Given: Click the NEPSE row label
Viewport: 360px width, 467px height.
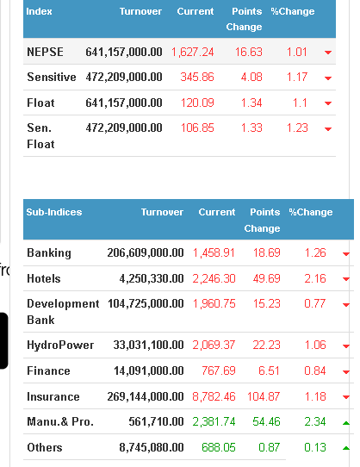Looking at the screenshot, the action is pos(45,52).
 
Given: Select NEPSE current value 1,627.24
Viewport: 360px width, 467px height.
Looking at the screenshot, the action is pos(193,53).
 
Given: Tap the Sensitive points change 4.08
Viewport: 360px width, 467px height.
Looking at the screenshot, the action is pos(251,78).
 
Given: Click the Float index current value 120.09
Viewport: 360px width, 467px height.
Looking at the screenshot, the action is pos(197,103).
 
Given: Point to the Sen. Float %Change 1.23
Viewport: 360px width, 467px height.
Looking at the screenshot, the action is pos(297,128).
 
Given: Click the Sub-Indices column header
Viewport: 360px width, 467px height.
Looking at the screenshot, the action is pos(54,212).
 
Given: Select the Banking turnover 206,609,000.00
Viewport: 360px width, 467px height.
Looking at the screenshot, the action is pos(146,252).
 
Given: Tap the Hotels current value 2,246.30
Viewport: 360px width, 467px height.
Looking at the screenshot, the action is pos(214,279).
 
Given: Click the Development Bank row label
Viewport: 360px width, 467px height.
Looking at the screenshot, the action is pos(63,312).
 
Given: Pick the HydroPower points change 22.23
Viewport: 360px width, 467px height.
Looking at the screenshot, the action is pos(266,346).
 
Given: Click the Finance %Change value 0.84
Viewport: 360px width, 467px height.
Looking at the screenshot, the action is pos(315,371).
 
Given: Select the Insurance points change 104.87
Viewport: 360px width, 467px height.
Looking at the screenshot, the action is pos(264,397).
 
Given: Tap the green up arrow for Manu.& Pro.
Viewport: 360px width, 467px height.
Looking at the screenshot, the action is pos(346,423).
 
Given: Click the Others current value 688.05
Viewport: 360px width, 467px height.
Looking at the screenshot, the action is pos(219,448).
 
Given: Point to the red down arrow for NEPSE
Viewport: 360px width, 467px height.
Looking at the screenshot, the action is pos(328,53).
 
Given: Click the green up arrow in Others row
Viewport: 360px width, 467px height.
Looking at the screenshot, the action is pos(346,448).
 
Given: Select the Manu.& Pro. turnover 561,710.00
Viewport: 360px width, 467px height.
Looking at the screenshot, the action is pos(156,422).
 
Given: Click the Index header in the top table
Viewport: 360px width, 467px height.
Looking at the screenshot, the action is pos(39,11).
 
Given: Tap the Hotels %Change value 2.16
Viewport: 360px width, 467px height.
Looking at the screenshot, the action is pos(315,279).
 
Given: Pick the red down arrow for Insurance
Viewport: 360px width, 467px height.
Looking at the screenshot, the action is pos(346,397).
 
